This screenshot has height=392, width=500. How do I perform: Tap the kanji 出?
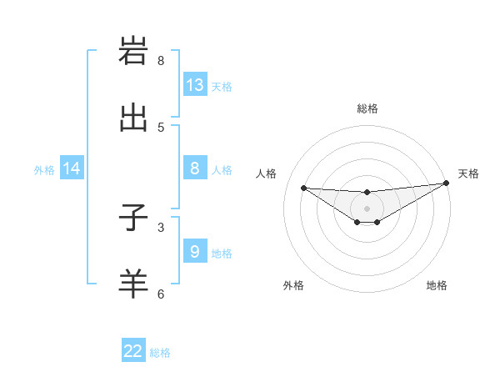133,118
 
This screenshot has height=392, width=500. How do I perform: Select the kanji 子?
133,217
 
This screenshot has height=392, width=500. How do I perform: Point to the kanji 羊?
133,284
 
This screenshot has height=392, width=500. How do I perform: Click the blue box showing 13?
195,85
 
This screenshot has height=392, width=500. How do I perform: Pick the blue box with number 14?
72,169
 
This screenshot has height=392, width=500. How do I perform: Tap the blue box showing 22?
133,351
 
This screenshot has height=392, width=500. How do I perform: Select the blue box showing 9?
195,252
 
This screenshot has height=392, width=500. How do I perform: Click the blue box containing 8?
195,168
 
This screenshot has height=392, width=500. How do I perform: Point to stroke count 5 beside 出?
161,128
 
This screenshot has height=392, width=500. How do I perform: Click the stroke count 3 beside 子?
161,226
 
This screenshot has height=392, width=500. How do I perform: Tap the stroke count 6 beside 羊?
161,294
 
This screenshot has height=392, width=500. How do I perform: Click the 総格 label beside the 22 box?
160,353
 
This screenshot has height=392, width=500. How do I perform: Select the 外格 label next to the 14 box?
44,170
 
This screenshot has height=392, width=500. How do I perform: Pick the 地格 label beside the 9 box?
222,254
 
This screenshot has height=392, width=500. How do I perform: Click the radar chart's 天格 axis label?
468,173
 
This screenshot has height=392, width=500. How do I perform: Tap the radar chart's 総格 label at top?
367,108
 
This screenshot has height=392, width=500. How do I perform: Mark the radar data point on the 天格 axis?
446,183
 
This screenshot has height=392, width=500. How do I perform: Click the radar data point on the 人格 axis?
303,188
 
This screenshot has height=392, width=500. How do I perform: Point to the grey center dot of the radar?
367,208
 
